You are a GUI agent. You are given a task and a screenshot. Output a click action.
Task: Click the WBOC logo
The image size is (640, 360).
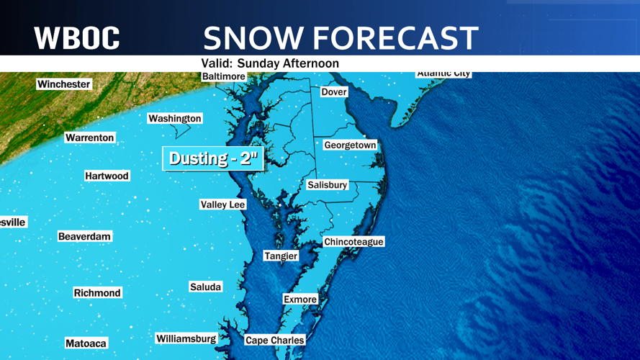tap(77, 38)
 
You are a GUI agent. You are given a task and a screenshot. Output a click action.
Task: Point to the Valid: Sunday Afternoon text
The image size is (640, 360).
tap(270, 63)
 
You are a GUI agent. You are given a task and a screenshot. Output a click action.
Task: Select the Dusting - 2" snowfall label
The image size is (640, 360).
tap(213, 158)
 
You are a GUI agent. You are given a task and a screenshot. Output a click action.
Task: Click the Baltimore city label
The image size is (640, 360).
tap(223, 76)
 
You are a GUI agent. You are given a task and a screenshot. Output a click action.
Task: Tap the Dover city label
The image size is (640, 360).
tap(334, 92)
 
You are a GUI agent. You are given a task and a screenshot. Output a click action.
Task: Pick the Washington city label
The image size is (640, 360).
tap(174, 119)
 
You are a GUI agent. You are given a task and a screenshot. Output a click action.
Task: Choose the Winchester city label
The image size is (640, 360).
tap(64, 84)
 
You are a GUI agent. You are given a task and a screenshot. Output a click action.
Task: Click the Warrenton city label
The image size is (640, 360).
tap(90, 138)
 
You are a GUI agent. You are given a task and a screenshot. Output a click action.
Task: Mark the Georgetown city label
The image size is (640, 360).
tap(350, 145)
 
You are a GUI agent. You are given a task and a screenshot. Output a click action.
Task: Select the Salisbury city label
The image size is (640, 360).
tap(328, 185)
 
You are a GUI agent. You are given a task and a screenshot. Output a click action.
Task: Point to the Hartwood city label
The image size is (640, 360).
tap(107, 176)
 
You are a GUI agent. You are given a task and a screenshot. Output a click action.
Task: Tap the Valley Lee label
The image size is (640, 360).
tap(222, 204)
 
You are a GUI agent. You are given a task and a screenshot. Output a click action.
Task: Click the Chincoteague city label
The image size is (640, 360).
tap(353, 242)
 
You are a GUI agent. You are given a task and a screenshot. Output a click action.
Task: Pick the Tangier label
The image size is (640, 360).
tap(281, 256)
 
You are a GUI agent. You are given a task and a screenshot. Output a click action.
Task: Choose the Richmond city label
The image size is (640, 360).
tap(97, 293)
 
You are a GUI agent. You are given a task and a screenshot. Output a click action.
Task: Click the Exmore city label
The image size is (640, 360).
tap(300, 300)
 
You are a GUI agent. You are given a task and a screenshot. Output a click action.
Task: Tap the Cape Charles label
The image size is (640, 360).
tap(274, 341)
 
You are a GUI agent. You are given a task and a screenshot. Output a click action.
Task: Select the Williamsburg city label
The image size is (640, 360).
tap(186, 338)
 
